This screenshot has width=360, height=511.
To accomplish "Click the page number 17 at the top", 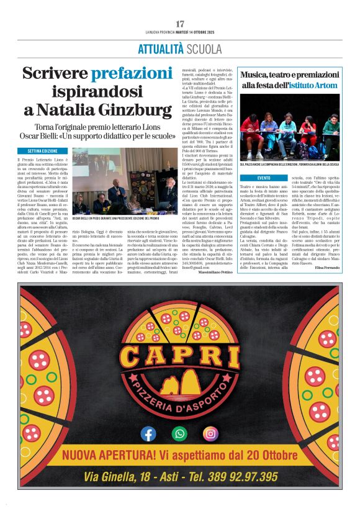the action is pyautogui.click(x=180, y=24).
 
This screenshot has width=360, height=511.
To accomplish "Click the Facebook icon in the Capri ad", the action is pyautogui.click(x=148, y=433).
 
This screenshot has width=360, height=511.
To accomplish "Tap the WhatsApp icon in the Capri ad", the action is pyautogui.click(x=180, y=433).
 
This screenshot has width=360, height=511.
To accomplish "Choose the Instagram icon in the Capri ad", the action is pyautogui.click(x=212, y=433).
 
